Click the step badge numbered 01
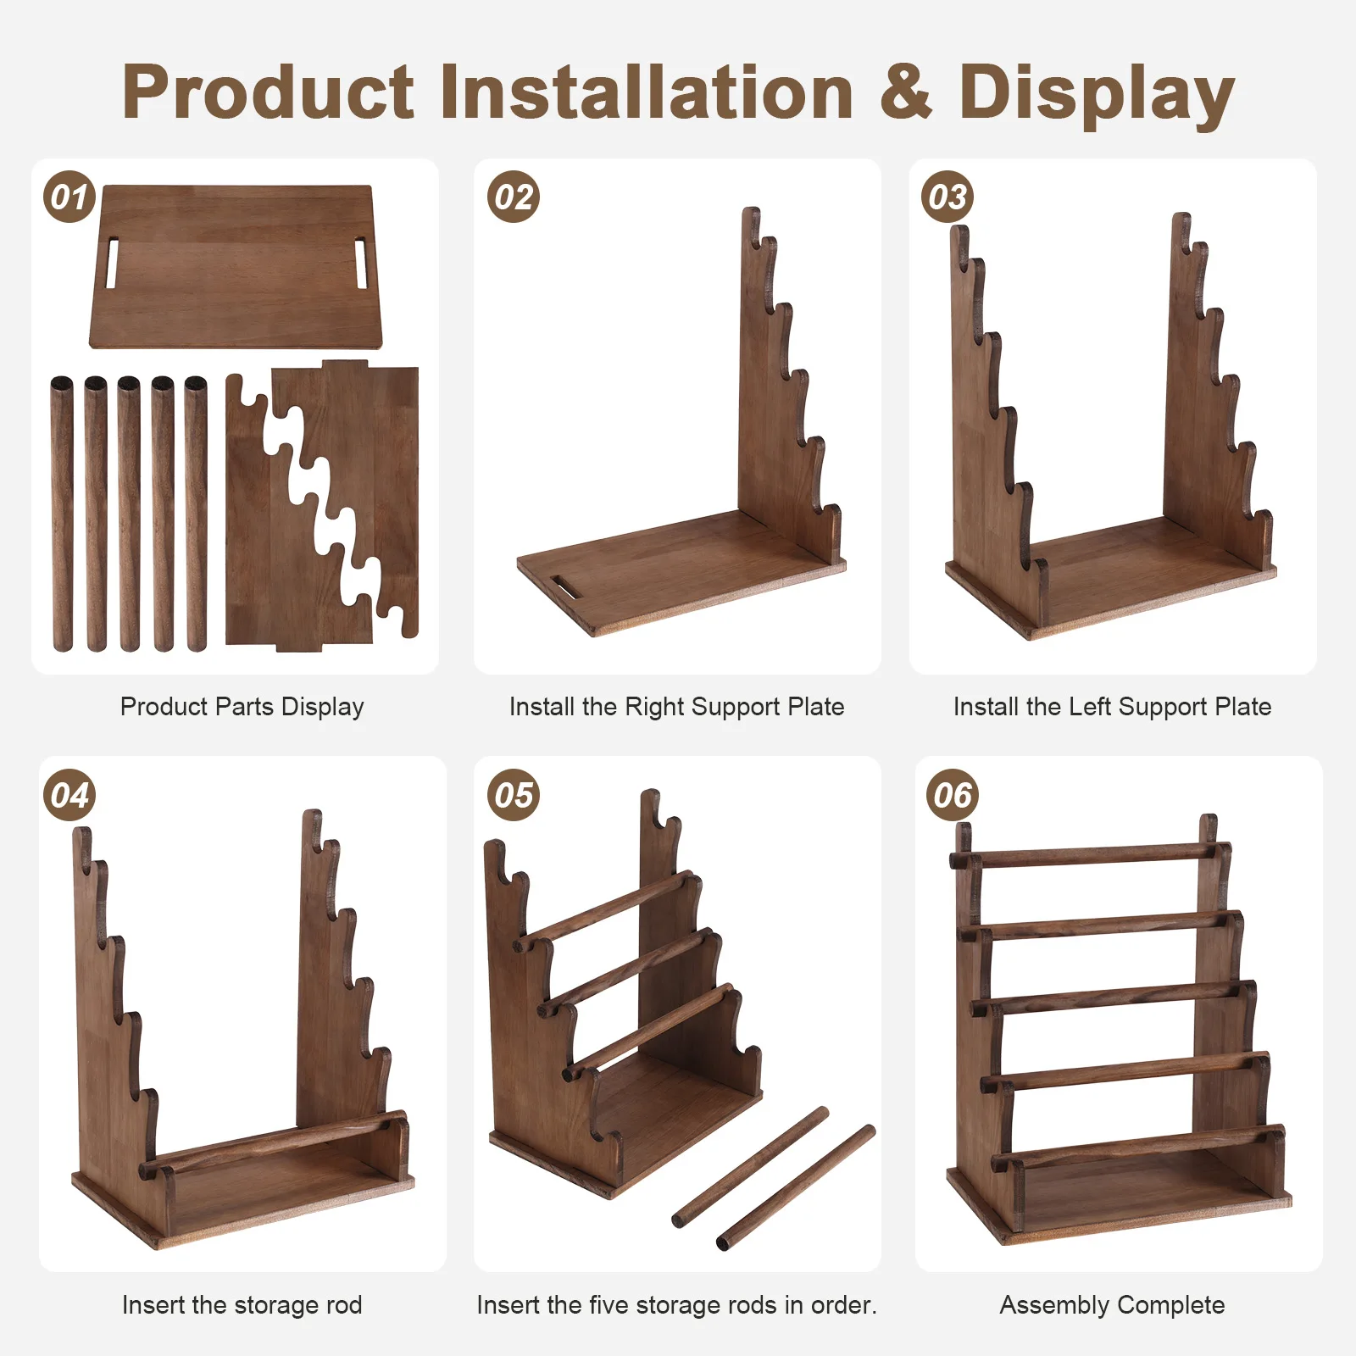[69, 197]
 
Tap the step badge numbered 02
[514, 197]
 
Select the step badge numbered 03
[948, 197]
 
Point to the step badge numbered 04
[69, 795]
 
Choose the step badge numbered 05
[514, 795]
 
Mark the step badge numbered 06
[953, 795]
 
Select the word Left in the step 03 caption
[1090, 706]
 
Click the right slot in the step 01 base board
[360, 264]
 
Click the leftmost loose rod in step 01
[62, 514]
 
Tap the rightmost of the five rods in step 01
[196, 514]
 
